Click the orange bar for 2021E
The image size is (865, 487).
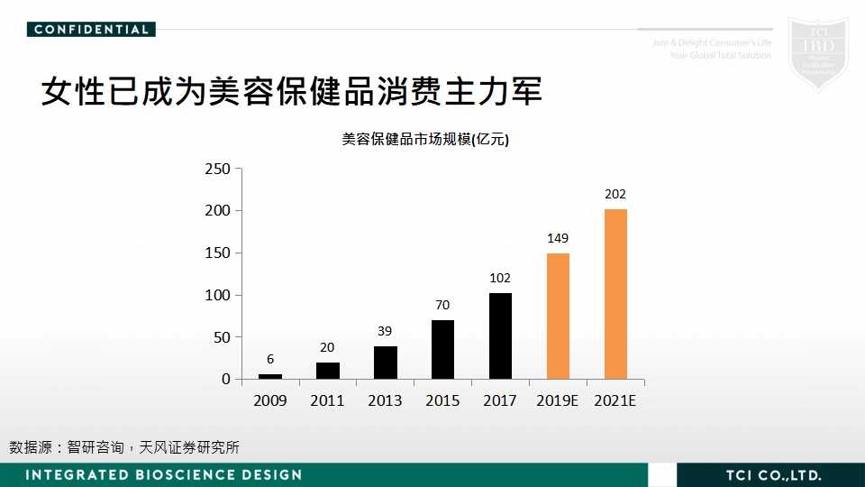click(x=615, y=294)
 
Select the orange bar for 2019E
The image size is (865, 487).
click(x=558, y=316)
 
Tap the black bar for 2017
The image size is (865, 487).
click(x=500, y=335)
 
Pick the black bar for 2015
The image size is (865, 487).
click(x=442, y=349)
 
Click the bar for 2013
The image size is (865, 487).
click(x=385, y=363)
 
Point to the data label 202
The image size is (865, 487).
click(x=615, y=194)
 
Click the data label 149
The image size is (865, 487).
click(x=558, y=238)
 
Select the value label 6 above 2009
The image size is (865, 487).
click(x=270, y=359)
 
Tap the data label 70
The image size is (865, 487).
click(x=442, y=305)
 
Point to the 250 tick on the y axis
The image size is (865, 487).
click(x=218, y=169)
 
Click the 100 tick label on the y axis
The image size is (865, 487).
click(x=218, y=295)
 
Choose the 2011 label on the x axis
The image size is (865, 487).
click(x=327, y=400)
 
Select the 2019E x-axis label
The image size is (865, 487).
click(x=558, y=400)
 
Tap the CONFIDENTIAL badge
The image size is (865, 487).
click(x=91, y=29)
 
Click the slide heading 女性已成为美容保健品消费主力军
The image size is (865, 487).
click(x=291, y=91)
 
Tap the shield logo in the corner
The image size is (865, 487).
click(x=817, y=52)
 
